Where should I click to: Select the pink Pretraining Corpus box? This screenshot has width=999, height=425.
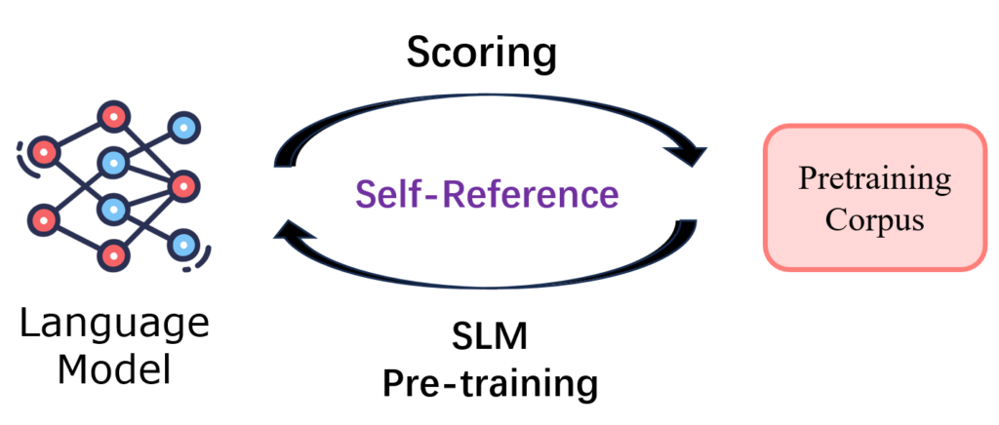click(874, 196)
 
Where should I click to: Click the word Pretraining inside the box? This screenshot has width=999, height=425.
click(874, 179)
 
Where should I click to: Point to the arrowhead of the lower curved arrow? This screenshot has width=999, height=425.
click(288, 232)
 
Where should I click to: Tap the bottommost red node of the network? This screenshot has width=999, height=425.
click(113, 255)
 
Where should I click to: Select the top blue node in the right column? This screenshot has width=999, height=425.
click(182, 127)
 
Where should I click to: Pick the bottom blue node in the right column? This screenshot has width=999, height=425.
click(182, 243)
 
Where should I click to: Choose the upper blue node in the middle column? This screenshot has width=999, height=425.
click(113, 161)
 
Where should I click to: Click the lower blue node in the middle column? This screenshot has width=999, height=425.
click(113, 208)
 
